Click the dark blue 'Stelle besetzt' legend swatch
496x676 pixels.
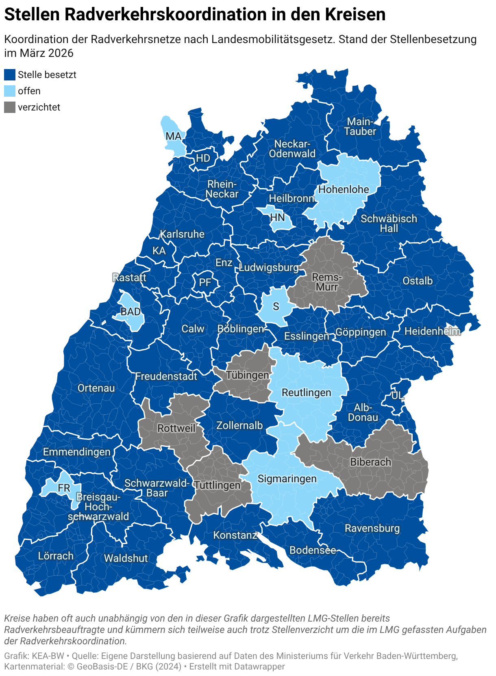pos(10,75)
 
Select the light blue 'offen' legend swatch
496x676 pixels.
pos(10,91)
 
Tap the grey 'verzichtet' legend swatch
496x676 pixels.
pos(10,107)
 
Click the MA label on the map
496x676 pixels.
pos(174,136)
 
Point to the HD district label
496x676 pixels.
pos(203,158)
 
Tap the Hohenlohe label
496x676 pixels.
pos(344,189)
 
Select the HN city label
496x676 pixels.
pos(277,218)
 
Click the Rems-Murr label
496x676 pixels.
pos(327,282)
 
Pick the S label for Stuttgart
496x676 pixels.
pos(276,306)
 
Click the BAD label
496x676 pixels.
pos(131,312)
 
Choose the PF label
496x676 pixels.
pos(205,282)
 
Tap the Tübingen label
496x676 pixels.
pos(248,375)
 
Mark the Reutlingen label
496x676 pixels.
pos(307,393)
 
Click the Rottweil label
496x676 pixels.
pos(176,428)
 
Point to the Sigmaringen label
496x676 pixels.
pos(287,479)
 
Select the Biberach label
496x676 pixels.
pos(370,462)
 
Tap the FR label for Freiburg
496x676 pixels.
pos(64,488)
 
